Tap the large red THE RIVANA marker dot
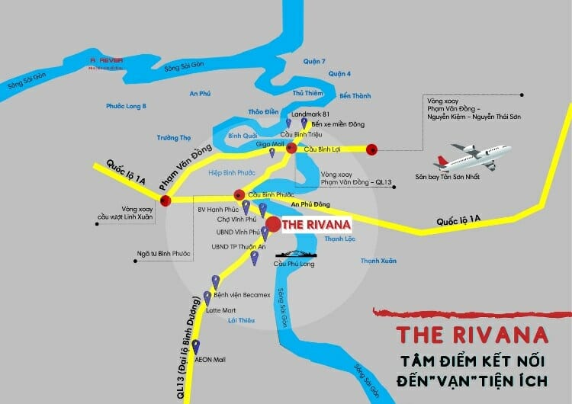pos(272,225)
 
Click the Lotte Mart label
pos(219,310)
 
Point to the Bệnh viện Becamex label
pos(239,293)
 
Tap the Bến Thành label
pos(355,96)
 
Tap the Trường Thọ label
pos(174,138)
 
